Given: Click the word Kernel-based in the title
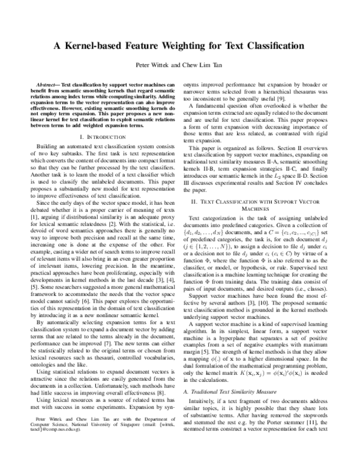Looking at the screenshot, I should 103,46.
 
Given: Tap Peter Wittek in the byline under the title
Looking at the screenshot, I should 147,64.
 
